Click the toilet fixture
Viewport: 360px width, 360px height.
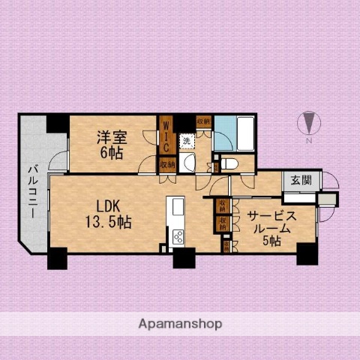[x=229, y=163]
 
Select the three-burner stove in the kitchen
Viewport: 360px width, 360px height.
[x=178, y=237]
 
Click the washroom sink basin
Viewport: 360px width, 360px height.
[x=188, y=163]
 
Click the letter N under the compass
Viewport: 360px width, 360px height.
[x=307, y=140]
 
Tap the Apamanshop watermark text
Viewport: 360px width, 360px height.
[x=181, y=324]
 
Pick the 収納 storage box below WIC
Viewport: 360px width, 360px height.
[x=166, y=164]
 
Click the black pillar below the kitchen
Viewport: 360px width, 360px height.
[x=182, y=258]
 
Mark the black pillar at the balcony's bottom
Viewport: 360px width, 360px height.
[x=57, y=258]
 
